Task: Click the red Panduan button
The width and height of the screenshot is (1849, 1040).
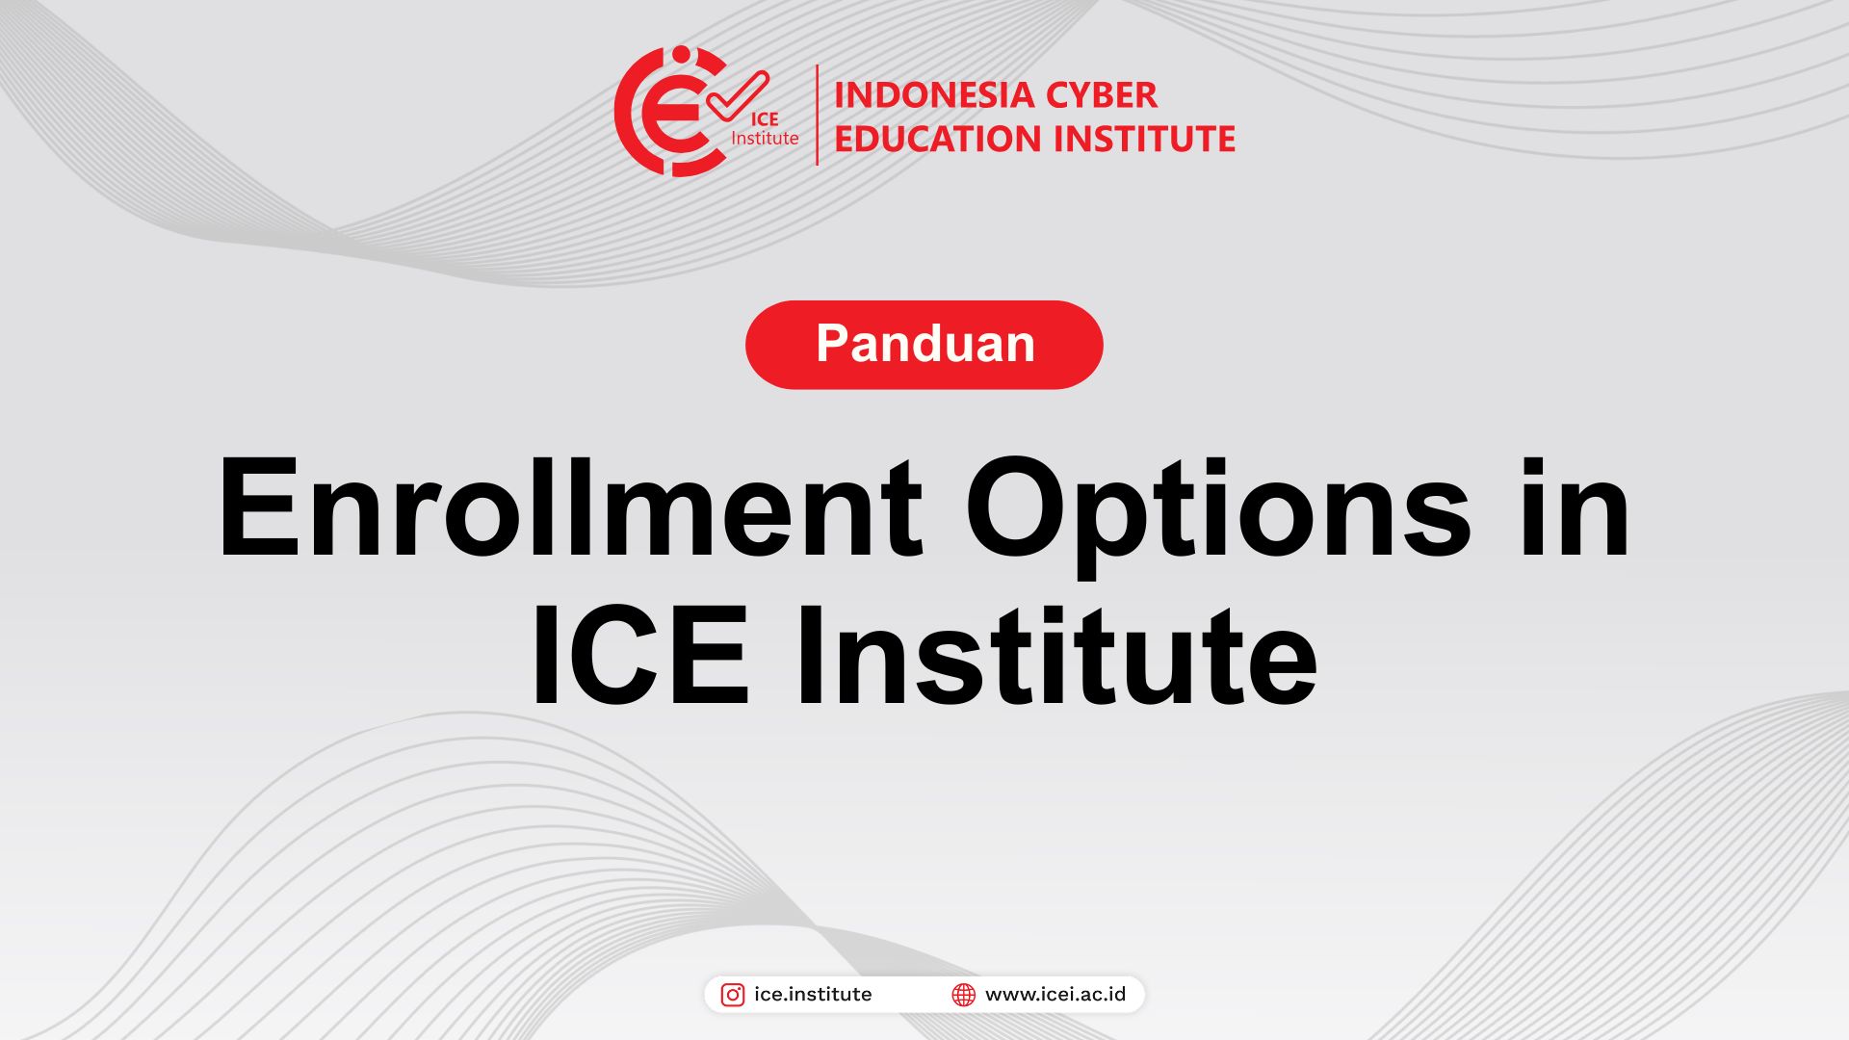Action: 924,345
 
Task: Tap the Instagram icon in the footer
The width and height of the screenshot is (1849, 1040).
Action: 733,995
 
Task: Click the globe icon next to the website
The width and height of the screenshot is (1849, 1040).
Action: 963,995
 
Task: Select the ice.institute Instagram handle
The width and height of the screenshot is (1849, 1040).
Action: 813,994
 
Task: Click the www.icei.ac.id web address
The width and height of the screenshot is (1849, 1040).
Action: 1055,994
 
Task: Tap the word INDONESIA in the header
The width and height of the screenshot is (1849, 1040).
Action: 920,95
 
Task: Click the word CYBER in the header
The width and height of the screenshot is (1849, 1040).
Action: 1088,95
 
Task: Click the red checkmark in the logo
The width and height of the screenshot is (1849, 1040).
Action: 738,96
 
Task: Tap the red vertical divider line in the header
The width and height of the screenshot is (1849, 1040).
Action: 818,115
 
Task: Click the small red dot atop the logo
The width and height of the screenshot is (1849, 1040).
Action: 682,53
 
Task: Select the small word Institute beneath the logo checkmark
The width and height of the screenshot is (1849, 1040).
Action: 765,139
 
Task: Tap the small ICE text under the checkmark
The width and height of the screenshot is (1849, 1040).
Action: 765,119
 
